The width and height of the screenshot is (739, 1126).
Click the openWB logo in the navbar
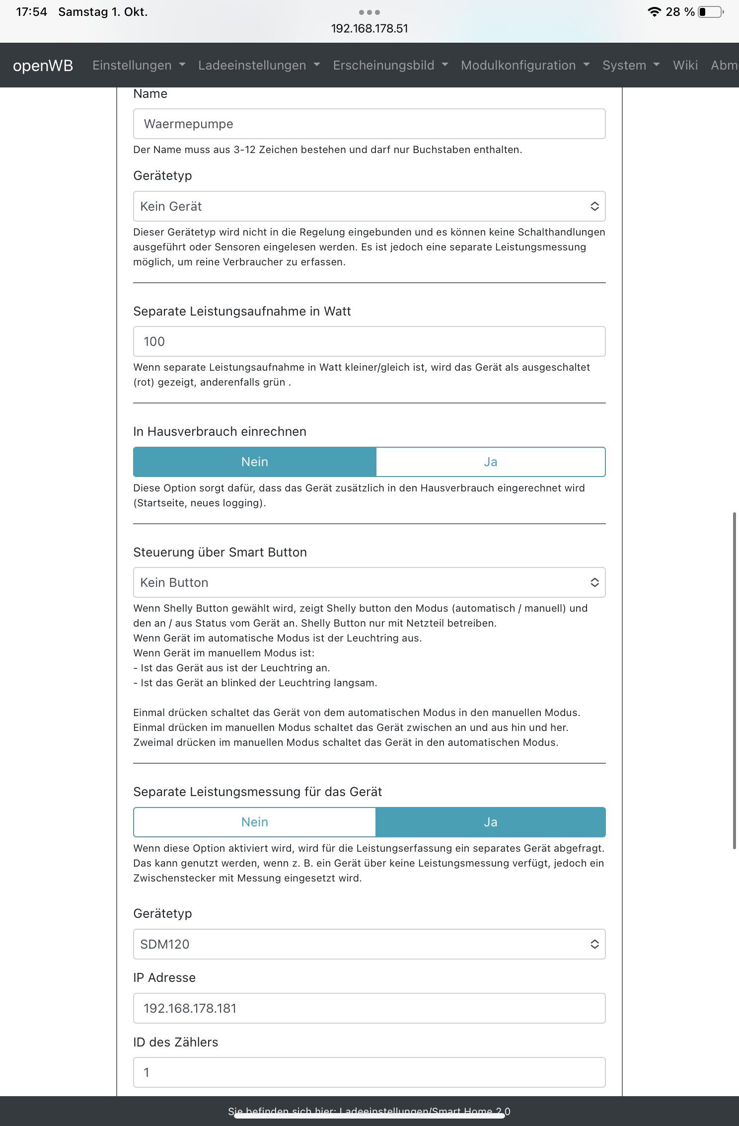pos(43,66)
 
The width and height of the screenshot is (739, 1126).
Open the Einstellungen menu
pos(139,66)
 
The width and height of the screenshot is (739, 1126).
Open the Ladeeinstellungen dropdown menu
pos(259,66)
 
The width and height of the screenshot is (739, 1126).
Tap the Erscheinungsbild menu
pos(390,66)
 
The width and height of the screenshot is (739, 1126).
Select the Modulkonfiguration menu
pos(525,66)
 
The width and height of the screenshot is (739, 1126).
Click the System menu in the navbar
pos(631,66)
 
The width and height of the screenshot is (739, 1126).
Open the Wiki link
pos(685,66)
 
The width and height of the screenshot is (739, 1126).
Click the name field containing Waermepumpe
pos(369,124)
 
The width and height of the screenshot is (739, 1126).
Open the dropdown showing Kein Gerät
pos(369,206)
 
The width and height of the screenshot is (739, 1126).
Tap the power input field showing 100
pos(369,341)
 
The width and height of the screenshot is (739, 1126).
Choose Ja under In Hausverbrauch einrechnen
pos(490,462)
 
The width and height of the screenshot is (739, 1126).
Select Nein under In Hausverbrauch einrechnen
pos(255,462)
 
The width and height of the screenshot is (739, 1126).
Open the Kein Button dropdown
pos(369,582)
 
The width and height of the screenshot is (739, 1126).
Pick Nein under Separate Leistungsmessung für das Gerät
pos(255,822)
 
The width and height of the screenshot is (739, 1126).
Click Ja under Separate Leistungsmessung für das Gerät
pos(490,822)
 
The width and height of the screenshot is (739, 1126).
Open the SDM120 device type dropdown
pos(369,944)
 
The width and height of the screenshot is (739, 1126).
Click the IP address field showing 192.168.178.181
pos(369,1008)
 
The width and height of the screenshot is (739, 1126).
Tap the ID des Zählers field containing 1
pos(369,1072)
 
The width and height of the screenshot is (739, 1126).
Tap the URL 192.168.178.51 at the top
pos(369,29)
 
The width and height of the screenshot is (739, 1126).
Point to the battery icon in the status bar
pos(710,12)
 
